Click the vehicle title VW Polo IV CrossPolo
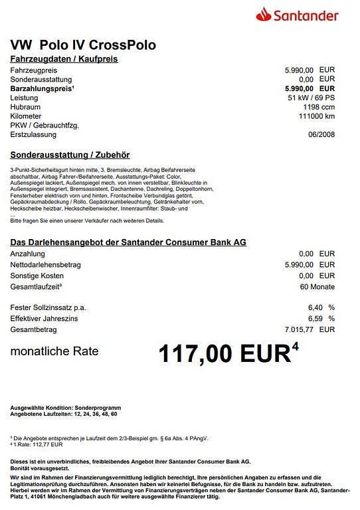tap(84, 45)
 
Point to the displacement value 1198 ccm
tap(319, 107)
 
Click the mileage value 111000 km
tap(317, 116)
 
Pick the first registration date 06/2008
tap(321, 135)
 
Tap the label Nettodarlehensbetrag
tap(46, 264)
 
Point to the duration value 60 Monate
tap(317, 287)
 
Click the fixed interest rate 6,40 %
tap(321, 307)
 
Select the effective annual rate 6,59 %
tap(321, 318)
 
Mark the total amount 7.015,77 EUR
tap(310, 329)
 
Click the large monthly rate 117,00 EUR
tap(225, 353)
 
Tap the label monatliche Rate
tap(54, 351)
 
